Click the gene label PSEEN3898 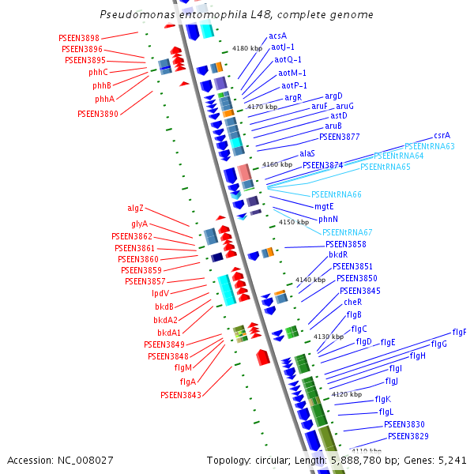pos(79,38)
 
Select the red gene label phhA pos(104,100)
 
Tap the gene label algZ pos(136,209)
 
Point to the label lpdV pos(160,293)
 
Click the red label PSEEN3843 pos(180,394)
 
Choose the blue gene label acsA pos(277,36)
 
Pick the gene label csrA pos(442,136)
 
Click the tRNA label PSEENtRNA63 pos(429,146)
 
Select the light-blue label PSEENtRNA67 pos(347,231)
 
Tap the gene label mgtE pos(324,206)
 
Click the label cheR pos(352,302)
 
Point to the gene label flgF pos(459,332)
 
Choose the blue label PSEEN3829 pos(408,436)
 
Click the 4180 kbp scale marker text pos(246,48)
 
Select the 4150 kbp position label pos(294,223)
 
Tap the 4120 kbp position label pos(347,393)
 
